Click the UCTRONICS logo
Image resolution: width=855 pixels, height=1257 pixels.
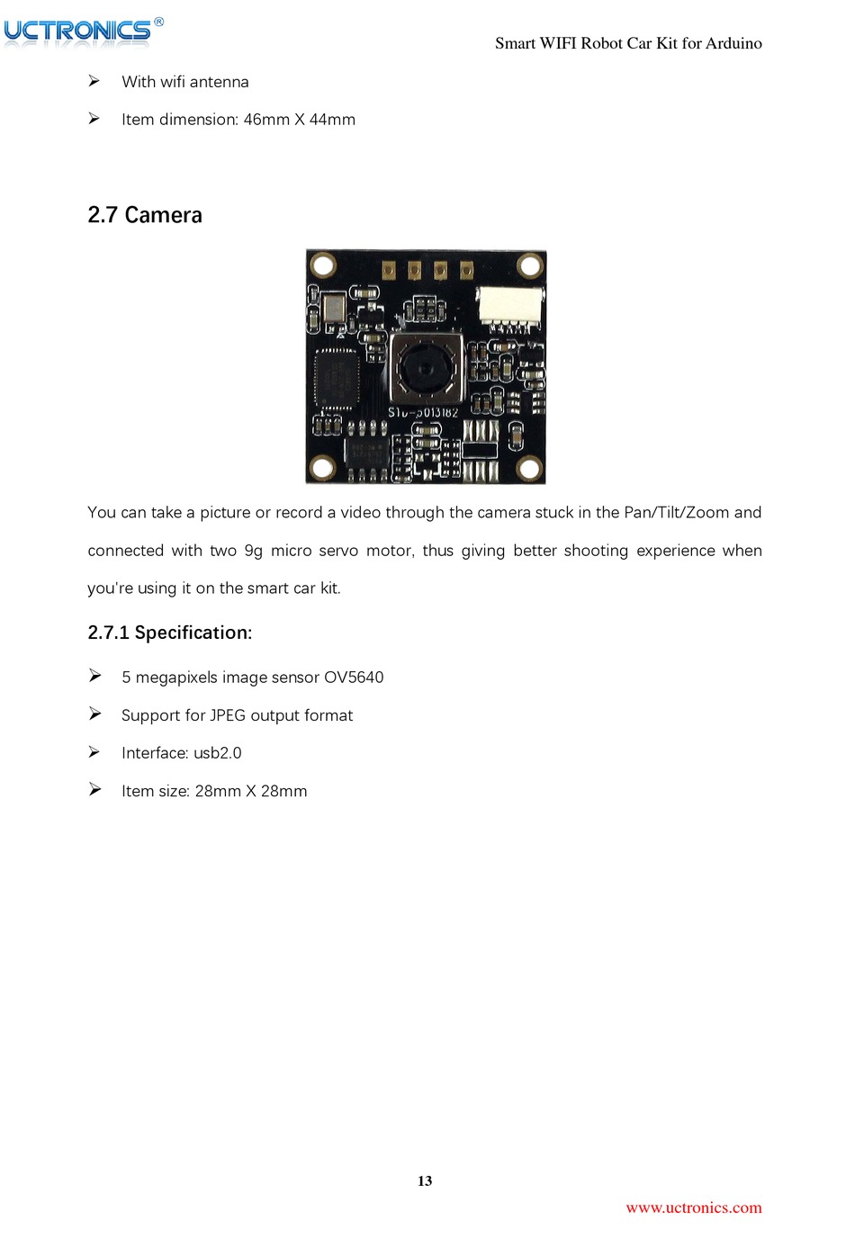pos(79,31)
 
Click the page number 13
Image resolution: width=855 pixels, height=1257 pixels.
pos(425,1181)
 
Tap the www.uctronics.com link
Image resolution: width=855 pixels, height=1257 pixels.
pos(693,1208)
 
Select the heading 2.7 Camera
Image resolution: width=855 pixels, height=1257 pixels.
pos(145,215)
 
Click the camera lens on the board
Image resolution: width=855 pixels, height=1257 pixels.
pos(423,366)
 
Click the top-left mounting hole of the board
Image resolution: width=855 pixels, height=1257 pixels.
pos(323,265)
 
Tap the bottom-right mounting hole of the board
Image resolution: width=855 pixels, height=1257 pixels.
pos(529,468)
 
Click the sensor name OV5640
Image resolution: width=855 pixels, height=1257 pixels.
pos(354,678)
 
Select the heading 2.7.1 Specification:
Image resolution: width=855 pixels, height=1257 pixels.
pos(170,633)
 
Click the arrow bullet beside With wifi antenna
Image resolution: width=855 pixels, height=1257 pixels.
pos(94,81)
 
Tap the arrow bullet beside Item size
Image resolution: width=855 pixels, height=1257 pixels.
pos(94,789)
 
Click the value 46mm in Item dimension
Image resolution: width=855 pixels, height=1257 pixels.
pos(266,120)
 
